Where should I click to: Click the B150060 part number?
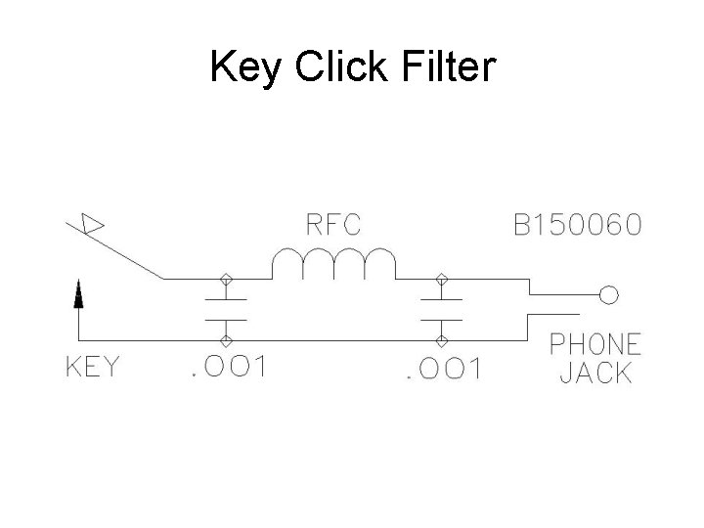tap(579, 226)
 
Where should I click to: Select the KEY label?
tap(94, 369)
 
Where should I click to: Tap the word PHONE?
tap(594, 344)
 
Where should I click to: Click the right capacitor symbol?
tap(442, 308)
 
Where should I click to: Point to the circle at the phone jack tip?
tap(608, 293)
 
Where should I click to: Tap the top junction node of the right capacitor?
tap(442, 278)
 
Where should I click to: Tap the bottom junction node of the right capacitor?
tap(442, 338)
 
